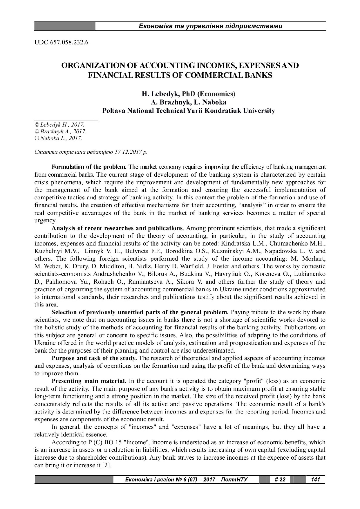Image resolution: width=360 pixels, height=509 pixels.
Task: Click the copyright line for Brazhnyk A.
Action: tap(60, 131)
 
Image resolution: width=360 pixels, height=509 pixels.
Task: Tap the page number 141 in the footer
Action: tap(315, 480)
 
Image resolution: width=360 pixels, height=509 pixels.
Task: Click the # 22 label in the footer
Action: tap(280, 480)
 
